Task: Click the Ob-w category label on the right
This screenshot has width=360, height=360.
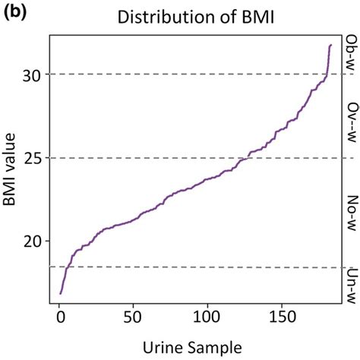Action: coord(351,54)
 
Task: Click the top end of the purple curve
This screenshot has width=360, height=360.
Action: coord(330,46)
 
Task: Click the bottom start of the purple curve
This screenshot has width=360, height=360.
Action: coord(61,293)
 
